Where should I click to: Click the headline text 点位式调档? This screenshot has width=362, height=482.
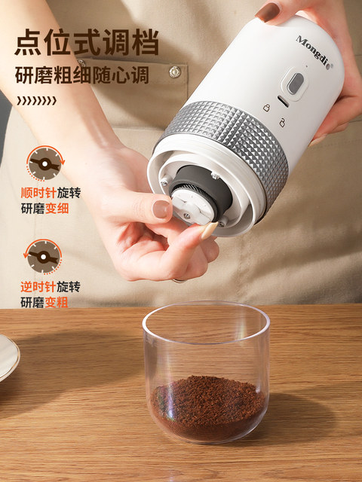point(86,42)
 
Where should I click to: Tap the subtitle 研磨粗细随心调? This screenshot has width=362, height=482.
point(82,76)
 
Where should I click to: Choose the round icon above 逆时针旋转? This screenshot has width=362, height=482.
point(44,257)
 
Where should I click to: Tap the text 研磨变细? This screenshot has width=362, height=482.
point(44,208)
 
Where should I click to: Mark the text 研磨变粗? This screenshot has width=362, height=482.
point(44,302)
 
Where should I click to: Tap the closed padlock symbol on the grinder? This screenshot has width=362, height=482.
point(266,108)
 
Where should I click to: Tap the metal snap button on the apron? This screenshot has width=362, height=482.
point(175,72)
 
